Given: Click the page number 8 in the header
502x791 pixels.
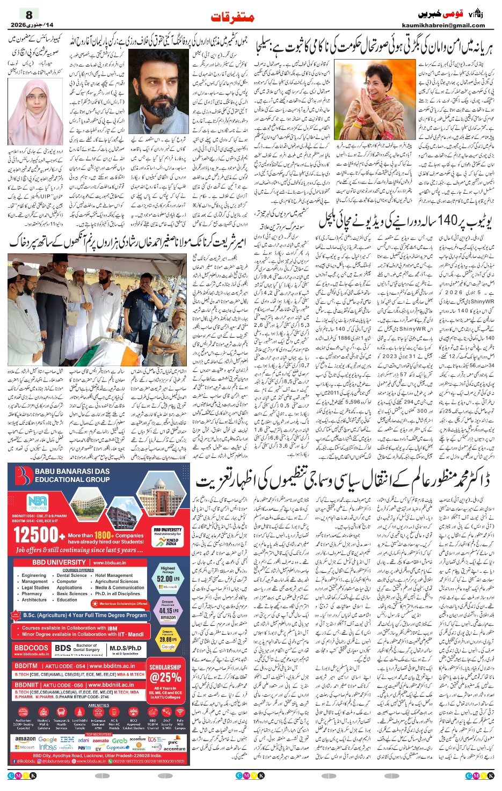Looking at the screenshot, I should click(29, 15).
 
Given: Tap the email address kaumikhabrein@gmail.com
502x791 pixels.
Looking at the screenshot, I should click(443, 25).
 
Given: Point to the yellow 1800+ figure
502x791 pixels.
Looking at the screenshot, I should click(103, 535).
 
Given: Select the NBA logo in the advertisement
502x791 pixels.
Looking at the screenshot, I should click(38, 503).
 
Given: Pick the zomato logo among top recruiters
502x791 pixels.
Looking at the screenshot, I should click(100, 740).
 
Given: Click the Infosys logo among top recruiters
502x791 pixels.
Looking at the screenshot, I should click(48, 747).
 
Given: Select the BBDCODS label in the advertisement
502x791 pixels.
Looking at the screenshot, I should click(31, 648).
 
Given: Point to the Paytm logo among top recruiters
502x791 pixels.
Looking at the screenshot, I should click(85, 748).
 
